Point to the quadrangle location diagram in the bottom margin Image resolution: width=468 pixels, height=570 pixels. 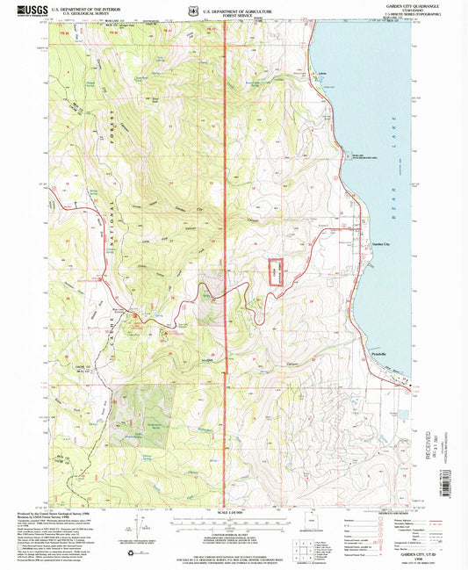pyautogui.click(x=311, y=530)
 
